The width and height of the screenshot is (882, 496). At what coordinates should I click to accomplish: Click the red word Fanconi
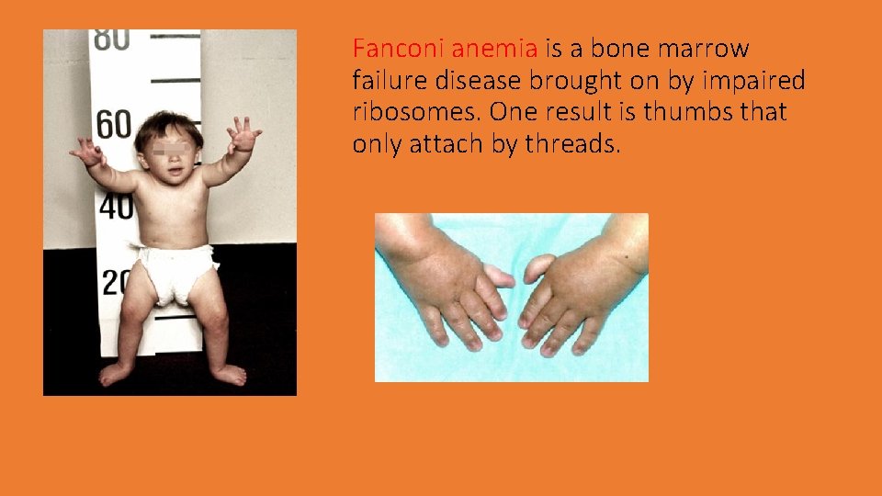point(398,48)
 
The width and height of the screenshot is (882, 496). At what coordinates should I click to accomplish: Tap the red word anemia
point(494,48)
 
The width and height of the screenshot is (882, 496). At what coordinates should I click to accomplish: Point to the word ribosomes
point(416,112)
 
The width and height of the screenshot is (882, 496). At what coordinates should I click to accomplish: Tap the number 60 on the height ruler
point(113,124)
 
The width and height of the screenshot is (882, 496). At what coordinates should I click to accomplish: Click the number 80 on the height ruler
point(110,39)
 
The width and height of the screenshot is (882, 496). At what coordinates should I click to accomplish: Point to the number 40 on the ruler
point(116,207)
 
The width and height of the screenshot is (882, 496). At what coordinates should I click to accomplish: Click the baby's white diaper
point(175,272)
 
